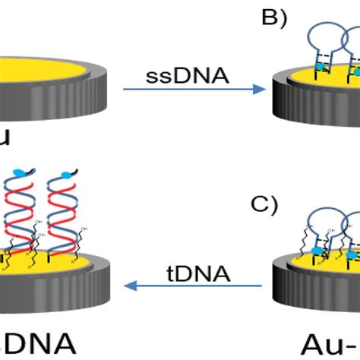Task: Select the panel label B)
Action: click(277, 17)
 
